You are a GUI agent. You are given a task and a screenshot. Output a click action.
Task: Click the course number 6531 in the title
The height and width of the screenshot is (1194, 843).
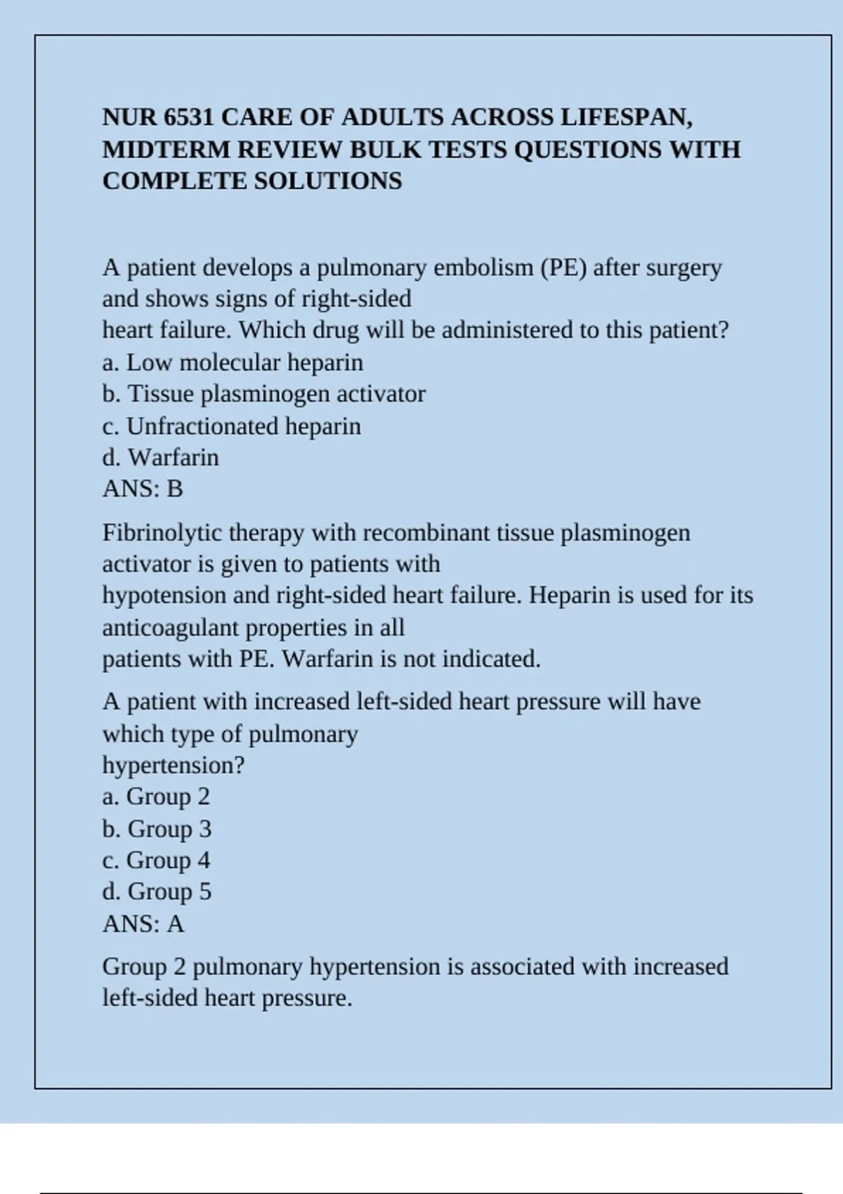pyautogui.click(x=188, y=117)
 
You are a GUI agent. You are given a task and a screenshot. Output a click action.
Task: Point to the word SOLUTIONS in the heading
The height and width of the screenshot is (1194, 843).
pyautogui.click(x=327, y=181)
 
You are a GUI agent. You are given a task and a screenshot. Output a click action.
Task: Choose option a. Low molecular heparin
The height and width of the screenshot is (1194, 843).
pyautogui.click(x=233, y=362)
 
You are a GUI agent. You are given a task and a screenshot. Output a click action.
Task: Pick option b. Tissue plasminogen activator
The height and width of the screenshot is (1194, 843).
pyautogui.click(x=263, y=394)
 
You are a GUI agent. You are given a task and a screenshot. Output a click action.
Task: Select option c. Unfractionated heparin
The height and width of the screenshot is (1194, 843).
pyautogui.click(x=231, y=426)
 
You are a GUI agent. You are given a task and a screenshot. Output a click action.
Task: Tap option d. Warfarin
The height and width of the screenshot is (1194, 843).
pyautogui.click(x=160, y=458)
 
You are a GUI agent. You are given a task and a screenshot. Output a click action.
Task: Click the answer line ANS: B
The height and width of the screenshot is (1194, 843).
pyautogui.click(x=143, y=489)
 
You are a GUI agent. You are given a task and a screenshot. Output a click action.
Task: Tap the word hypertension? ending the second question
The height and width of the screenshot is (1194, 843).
pyautogui.click(x=173, y=765)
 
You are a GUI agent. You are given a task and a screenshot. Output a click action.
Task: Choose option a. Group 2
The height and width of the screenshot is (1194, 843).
pyautogui.click(x=156, y=796)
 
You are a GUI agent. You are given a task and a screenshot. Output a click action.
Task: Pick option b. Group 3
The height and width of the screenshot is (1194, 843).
pyautogui.click(x=157, y=829)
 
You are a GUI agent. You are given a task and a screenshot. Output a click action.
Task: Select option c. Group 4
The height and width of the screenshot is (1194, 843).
pyautogui.click(x=156, y=860)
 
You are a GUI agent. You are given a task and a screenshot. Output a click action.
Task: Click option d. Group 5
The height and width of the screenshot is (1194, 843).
pyautogui.click(x=157, y=892)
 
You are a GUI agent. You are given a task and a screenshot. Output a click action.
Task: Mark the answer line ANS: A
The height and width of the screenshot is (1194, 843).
pyautogui.click(x=143, y=924)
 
